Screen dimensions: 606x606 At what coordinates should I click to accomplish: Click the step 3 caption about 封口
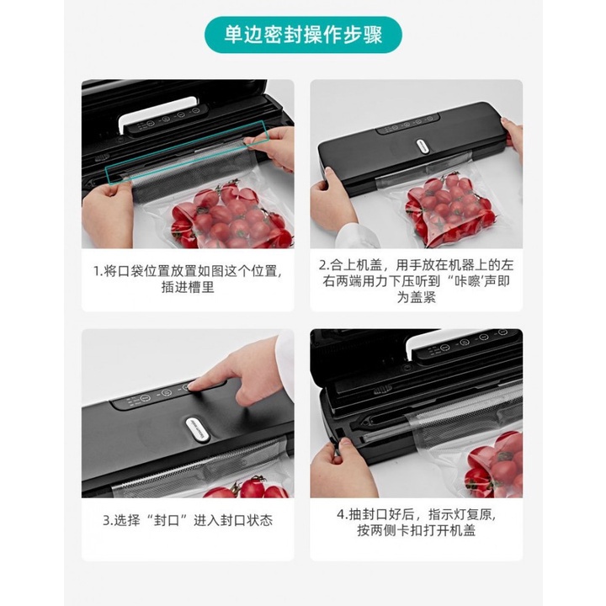point(188,520)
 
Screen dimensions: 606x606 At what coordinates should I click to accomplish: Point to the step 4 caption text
point(417,520)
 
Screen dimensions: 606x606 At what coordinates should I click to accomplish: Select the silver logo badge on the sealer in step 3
point(201,425)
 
